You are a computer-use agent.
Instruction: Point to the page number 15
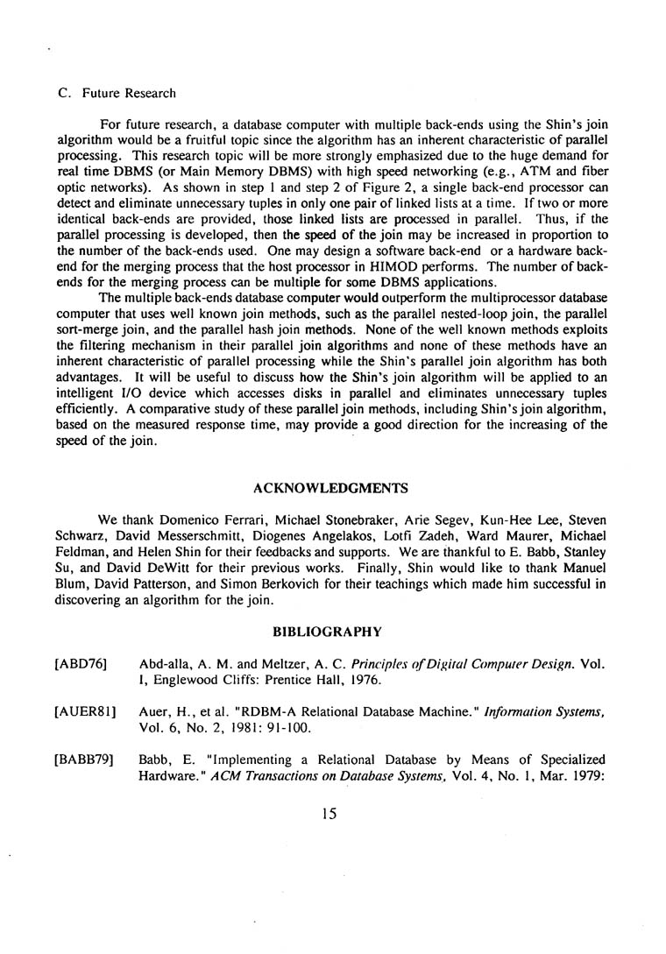point(329,813)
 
